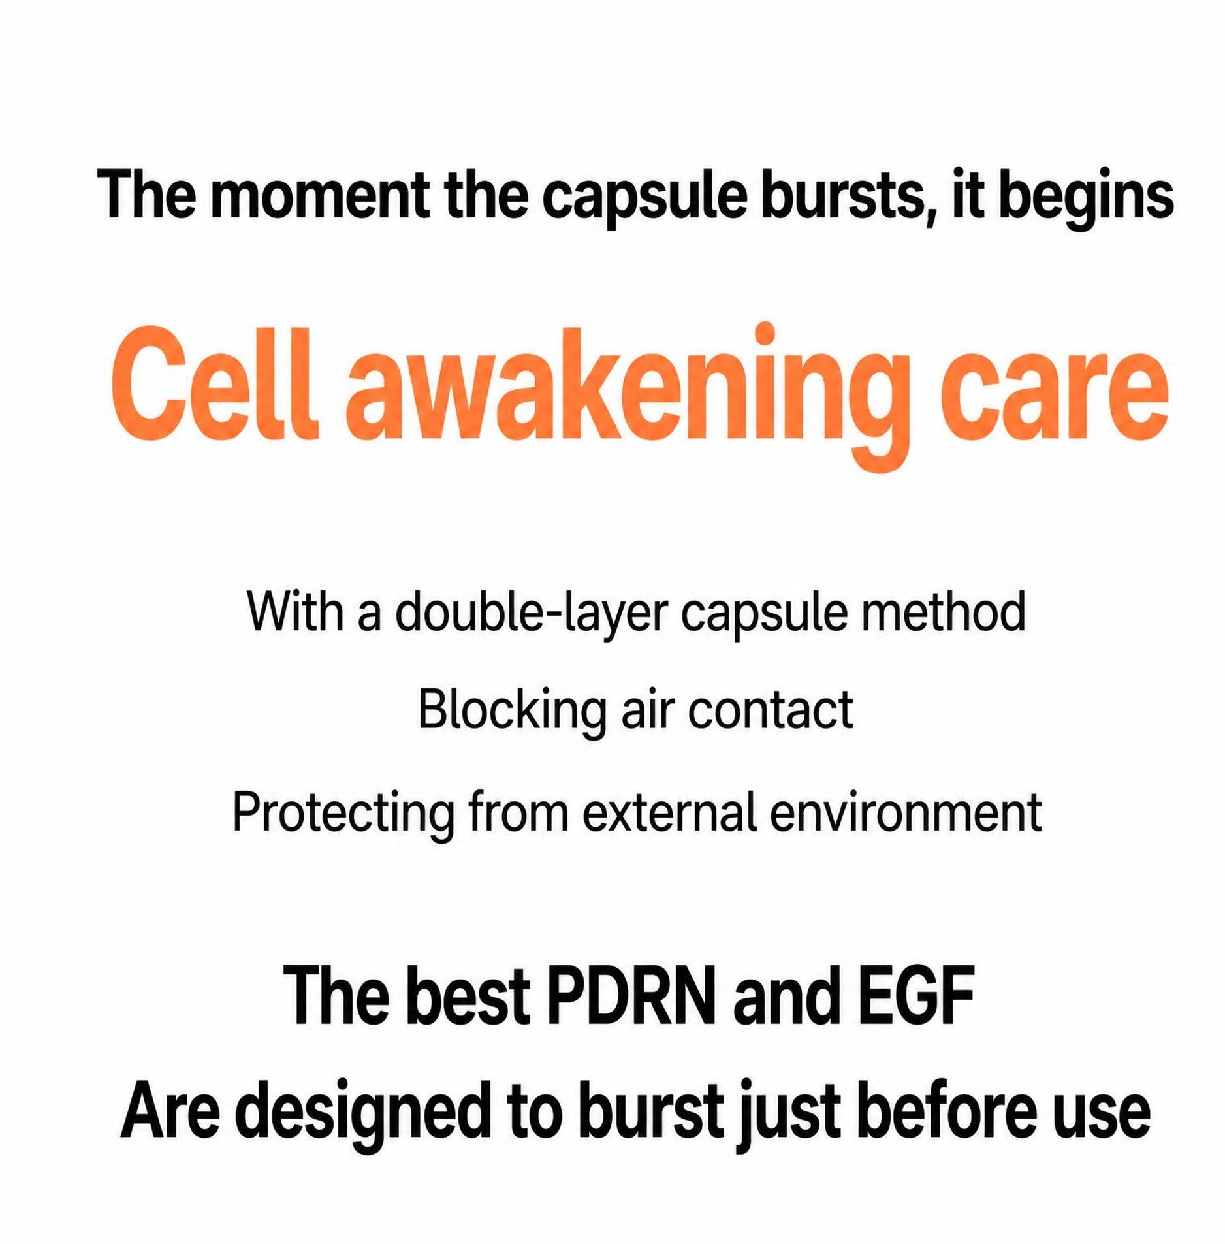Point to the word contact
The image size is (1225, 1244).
coord(771,711)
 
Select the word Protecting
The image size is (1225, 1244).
coord(343,814)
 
